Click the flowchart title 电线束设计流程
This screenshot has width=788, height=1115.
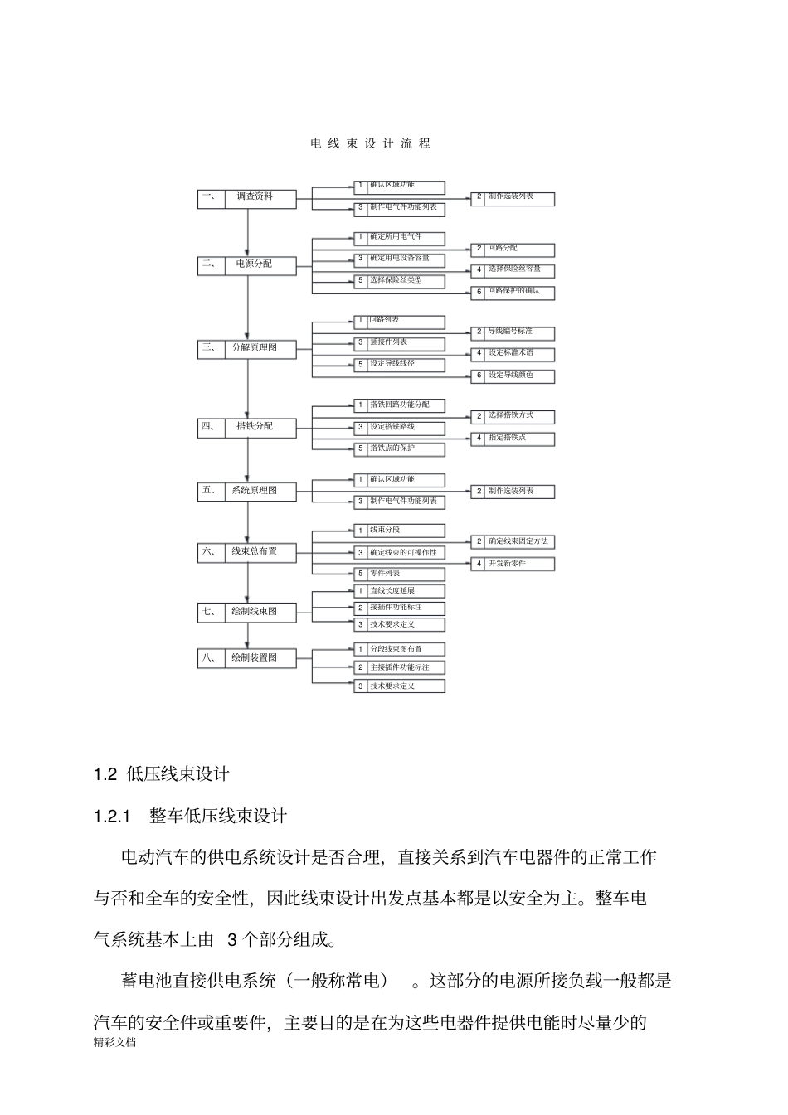[371, 143]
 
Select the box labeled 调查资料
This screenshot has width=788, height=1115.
[260, 198]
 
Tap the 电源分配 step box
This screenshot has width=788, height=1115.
[260, 265]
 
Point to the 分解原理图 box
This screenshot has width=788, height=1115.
[260, 349]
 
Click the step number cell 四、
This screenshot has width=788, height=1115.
[211, 427]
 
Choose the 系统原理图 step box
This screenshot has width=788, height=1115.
[260, 491]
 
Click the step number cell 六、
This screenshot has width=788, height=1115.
[211, 552]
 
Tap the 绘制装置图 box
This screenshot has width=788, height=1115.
[260, 658]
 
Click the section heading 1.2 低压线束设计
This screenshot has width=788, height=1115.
[162, 774]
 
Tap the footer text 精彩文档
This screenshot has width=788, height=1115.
[114, 1044]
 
